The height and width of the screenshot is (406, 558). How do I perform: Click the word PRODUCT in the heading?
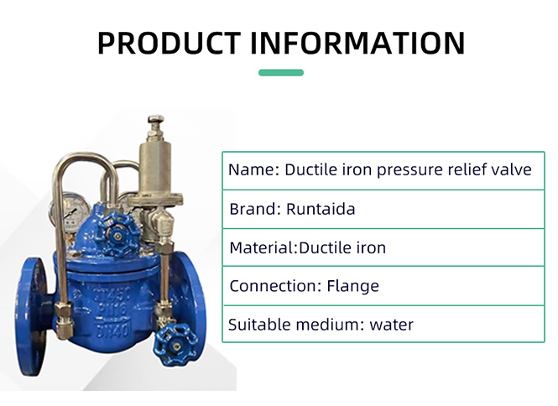(x=169, y=43)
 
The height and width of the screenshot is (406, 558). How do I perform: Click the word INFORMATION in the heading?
(x=358, y=43)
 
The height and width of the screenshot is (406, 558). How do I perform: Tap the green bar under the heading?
(x=281, y=73)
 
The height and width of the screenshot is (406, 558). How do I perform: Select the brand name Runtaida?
(x=321, y=209)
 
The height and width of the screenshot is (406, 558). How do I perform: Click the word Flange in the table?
(x=353, y=286)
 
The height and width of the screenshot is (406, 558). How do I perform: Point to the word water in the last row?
(x=392, y=325)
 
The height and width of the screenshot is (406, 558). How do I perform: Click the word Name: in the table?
(x=253, y=169)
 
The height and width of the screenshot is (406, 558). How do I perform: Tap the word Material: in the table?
(x=263, y=247)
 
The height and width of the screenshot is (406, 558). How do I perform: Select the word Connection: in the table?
(x=276, y=286)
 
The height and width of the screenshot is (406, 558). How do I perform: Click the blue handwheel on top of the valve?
(x=117, y=235)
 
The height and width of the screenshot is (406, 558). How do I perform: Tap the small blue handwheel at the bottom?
(x=175, y=345)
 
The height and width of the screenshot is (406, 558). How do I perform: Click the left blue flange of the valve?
(x=31, y=316)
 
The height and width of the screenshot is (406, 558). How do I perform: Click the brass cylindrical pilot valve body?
(x=155, y=167)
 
